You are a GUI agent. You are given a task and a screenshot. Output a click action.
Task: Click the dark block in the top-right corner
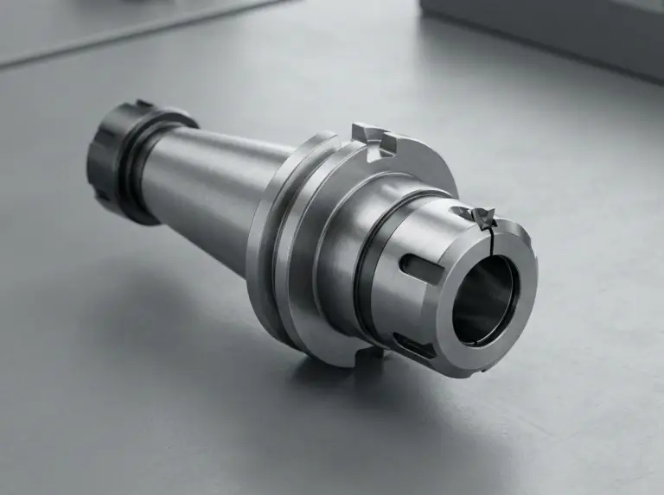pos(553,35)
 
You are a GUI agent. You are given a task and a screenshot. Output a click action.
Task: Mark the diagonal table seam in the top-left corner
pos(130,35)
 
